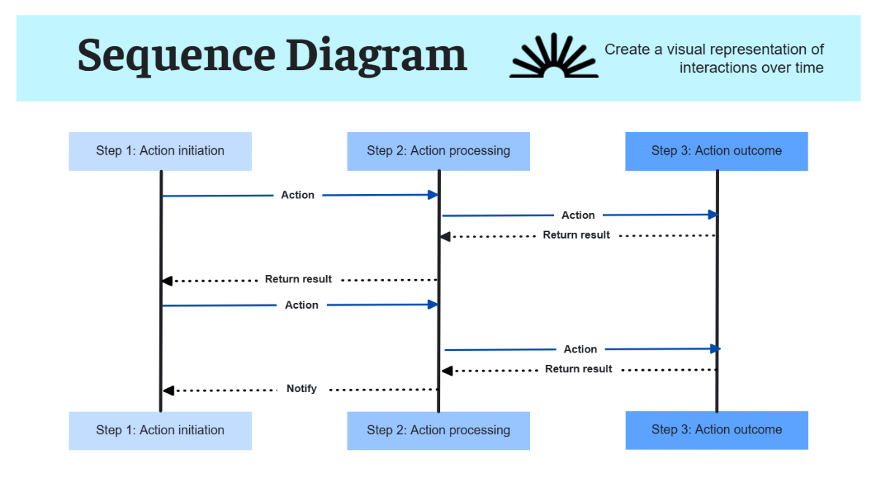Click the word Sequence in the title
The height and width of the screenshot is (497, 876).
point(176,56)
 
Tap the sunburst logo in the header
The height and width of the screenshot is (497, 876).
point(553,56)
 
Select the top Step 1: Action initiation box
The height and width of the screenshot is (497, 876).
point(160,151)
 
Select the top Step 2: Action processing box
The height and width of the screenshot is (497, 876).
point(438,151)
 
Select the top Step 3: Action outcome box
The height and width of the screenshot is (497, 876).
point(716,151)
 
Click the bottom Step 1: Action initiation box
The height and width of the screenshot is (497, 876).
point(160,431)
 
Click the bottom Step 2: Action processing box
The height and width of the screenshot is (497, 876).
point(438,431)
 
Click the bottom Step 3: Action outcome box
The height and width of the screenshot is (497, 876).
point(716,430)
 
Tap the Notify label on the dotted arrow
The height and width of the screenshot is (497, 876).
point(301,389)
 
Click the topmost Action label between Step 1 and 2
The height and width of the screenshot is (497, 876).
point(298,195)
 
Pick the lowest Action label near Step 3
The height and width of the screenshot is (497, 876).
point(580,350)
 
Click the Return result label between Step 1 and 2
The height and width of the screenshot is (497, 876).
point(298,280)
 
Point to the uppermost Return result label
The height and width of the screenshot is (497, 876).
point(576,235)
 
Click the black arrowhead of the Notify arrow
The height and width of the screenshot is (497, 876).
point(167,391)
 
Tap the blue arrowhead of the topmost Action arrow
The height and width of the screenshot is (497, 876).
point(433,195)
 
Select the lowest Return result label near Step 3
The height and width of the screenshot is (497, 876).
point(578,369)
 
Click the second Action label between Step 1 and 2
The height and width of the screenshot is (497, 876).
point(301,305)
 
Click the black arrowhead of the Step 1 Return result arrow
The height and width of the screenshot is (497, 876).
point(167,281)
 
